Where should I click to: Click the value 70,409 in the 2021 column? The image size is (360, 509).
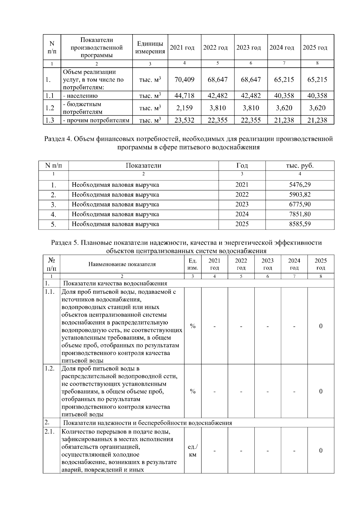184,79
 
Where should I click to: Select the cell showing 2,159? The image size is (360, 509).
184,108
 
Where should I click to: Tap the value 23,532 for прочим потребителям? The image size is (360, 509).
184,120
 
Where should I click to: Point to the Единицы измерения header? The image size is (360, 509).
150,48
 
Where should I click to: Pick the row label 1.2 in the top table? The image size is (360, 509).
49,108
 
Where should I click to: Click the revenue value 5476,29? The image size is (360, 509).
300,185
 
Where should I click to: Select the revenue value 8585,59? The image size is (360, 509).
300,224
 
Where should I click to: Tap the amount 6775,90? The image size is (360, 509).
300,204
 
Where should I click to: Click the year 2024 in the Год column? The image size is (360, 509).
242,214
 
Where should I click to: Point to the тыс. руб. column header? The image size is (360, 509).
300,165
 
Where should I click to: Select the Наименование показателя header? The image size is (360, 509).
122,264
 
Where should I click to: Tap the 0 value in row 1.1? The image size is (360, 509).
321,326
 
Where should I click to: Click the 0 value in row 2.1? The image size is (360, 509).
321,451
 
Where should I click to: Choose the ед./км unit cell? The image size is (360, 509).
193,451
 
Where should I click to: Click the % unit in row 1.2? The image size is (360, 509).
193,391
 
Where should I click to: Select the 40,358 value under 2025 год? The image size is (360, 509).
317,96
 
